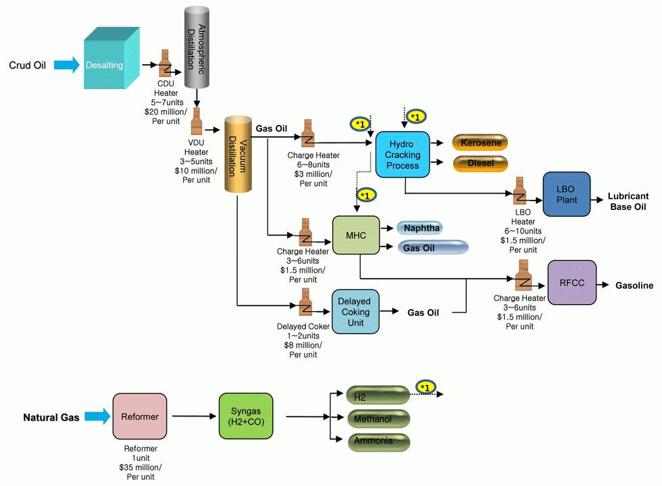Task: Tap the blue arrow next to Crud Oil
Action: click(66, 65)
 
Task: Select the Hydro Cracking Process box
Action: click(403, 155)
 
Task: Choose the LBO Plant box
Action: click(567, 194)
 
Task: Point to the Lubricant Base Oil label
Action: click(629, 201)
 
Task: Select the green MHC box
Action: click(355, 236)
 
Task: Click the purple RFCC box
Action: click(571, 283)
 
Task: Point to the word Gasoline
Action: click(634, 286)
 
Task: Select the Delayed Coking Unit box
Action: click(355, 312)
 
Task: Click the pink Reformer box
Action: click(139, 417)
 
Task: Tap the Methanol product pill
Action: click(378, 419)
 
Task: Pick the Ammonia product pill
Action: click(378, 442)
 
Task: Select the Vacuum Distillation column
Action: click(238, 153)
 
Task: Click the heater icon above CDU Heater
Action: click(165, 65)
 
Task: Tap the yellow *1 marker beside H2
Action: click(426, 387)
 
